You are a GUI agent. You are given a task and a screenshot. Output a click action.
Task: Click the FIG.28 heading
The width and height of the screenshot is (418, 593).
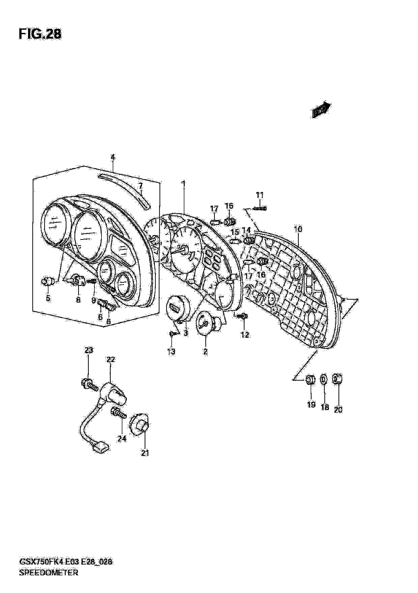tap(40, 34)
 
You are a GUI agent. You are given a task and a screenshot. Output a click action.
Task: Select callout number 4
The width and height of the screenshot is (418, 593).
tap(113, 157)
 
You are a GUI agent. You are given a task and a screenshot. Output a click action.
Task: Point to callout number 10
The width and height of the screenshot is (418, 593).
tap(298, 229)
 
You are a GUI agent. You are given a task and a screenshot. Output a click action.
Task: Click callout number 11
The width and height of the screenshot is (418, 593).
tap(260, 195)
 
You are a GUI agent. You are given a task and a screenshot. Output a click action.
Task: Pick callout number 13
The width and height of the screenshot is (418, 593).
tap(171, 351)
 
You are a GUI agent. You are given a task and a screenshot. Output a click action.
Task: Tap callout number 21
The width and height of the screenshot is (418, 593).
tap(145, 453)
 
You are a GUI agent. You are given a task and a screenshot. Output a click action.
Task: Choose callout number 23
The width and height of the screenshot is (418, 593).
tap(89, 350)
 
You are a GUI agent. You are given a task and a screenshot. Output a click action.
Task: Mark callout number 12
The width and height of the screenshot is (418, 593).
tap(245, 335)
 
